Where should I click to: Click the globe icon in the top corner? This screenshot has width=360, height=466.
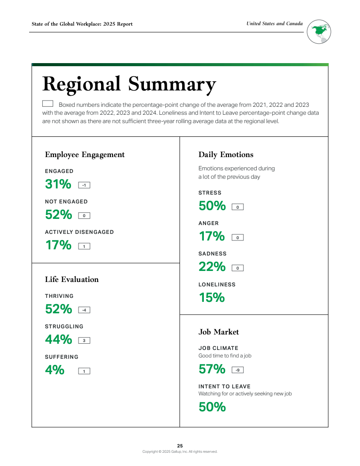click(319, 32)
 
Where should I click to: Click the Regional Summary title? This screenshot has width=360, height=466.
click(129, 84)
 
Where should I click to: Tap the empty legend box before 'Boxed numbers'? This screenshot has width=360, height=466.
click(48, 104)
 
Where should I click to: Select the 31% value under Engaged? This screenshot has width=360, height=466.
click(58, 184)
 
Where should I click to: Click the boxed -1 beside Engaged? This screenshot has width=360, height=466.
click(84, 185)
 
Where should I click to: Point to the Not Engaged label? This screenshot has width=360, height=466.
click(66, 202)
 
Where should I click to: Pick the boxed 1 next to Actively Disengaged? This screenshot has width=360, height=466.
click(84, 246)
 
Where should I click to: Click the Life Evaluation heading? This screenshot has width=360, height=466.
click(71, 279)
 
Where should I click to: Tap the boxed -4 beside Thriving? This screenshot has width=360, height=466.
click(84, 310)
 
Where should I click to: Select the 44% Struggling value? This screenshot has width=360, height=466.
click(58, 340)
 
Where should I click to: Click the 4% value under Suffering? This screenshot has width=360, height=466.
click(55, 370)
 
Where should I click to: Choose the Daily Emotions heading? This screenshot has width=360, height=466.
click(226, 154)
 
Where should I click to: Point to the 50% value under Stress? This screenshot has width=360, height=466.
click(212, 206)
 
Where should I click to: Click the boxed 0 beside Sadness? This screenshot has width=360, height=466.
click(237, 268)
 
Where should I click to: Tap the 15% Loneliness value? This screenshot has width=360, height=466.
click(212, 298)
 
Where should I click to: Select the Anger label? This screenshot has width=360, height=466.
click(209, 223)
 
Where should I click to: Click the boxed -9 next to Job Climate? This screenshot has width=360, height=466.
click(237, 370)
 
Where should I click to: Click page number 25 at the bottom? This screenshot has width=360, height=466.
click(180, 446)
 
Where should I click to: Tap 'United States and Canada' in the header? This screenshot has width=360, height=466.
click(274, 24)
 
